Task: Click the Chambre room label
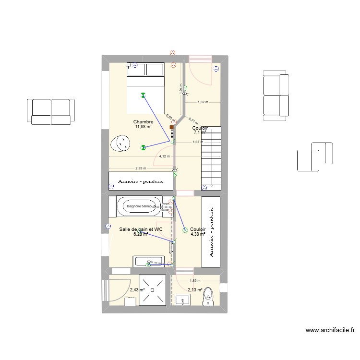144,122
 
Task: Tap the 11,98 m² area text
144,127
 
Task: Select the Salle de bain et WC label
141,230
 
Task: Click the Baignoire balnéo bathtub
139,206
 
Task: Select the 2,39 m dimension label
141,168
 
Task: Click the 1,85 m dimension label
194,281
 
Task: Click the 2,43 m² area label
137,290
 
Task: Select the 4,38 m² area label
198,235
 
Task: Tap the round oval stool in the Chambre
122,143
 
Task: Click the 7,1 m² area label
200,132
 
